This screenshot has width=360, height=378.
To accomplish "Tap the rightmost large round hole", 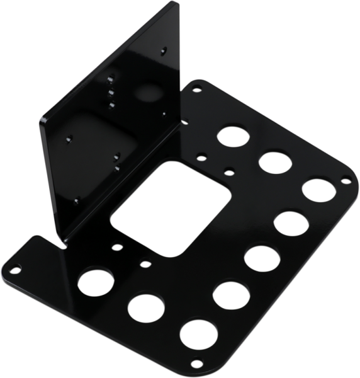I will coord(318,188).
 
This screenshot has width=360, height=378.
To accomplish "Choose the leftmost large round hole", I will coord(96,278).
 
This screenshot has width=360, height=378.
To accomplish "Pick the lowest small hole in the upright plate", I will coord(76,201).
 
